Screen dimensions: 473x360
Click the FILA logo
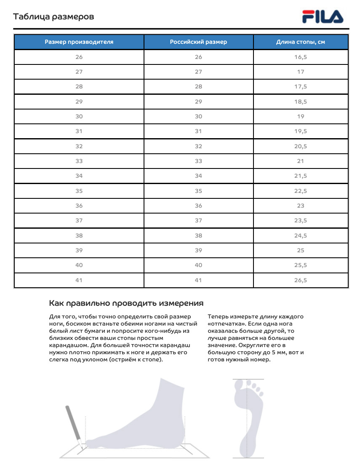[x=323, y=17]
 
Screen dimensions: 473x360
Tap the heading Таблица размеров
[x=53, y=17]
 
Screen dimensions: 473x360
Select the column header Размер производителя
[x=79, y=42]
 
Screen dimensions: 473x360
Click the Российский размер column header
[x=198, y=42]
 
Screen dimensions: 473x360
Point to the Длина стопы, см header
[x=301, y=42]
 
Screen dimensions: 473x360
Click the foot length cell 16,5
[x=301, y=57]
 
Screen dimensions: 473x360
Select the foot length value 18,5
[x=301, y=102]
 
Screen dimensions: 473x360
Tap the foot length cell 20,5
[x=301, y=146]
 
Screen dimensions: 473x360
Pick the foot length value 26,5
[x=301, y=280]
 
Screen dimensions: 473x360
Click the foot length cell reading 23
[x=301, y=206]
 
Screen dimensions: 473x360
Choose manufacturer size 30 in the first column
[x=79, y=116]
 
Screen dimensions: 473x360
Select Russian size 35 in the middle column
[x=198, y=191]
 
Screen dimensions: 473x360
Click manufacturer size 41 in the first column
[x=79, y=280]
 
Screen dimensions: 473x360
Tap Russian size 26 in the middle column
[x=198, y=57]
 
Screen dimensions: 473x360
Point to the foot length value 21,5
[x=301, y=176]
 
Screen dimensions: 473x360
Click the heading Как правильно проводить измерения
[x=126, y=303]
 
